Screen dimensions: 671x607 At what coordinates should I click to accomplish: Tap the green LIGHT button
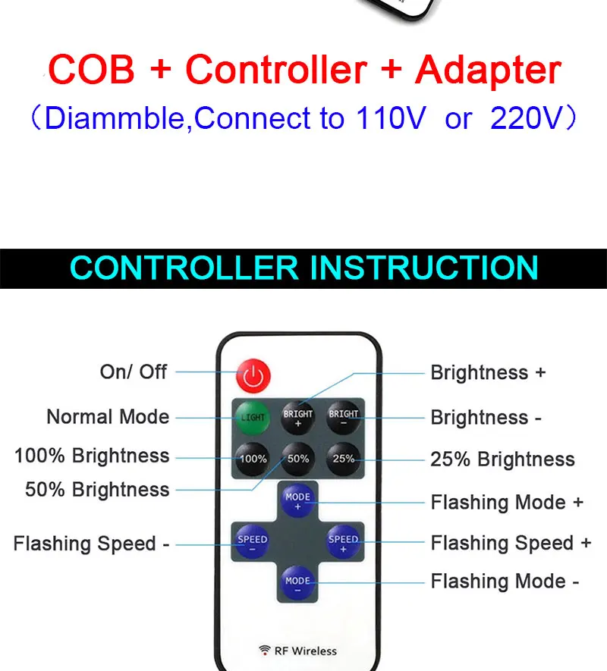click(x=253, y=417)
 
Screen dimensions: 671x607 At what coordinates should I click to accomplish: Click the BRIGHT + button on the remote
click(x=297, y=417)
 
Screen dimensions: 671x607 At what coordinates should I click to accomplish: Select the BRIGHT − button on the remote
click(x=343, y=417)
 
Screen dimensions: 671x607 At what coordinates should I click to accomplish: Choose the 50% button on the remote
click(x=297, y=459)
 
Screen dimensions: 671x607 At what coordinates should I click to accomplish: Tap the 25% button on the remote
click(x=343, y=459)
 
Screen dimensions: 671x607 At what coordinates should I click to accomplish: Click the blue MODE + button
click(x=297, y=500)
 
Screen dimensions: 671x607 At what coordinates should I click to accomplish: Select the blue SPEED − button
click(x=253, y=542)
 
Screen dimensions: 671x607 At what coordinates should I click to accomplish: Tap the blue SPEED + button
click(x=343, y=542)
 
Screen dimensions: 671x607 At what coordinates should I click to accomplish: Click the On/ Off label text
click(x=134, y=372)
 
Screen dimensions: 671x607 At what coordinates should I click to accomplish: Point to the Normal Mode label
click(x=108, y=417)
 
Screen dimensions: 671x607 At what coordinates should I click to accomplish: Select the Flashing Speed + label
click(x=511, y=543)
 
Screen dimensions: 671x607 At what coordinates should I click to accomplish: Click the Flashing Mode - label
click(x=505, y=582)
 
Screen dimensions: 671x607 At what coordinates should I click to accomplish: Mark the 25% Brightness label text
click(x=502, y=459)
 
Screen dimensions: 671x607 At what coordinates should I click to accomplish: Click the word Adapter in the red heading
click(x=488, y=70)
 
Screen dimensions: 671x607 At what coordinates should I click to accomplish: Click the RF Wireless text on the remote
click(x=306, y=651)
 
